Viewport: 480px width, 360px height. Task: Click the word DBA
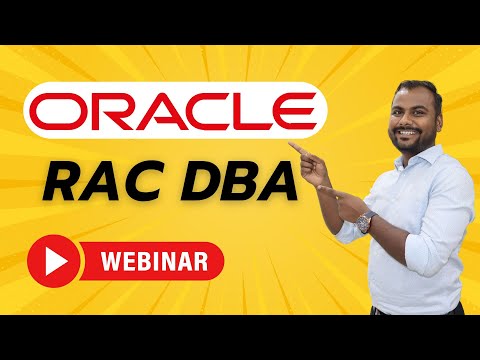[x=239, y=185]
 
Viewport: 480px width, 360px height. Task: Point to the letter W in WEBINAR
[x=112, y=264]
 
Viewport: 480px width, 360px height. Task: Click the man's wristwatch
[x=366, y=221]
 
